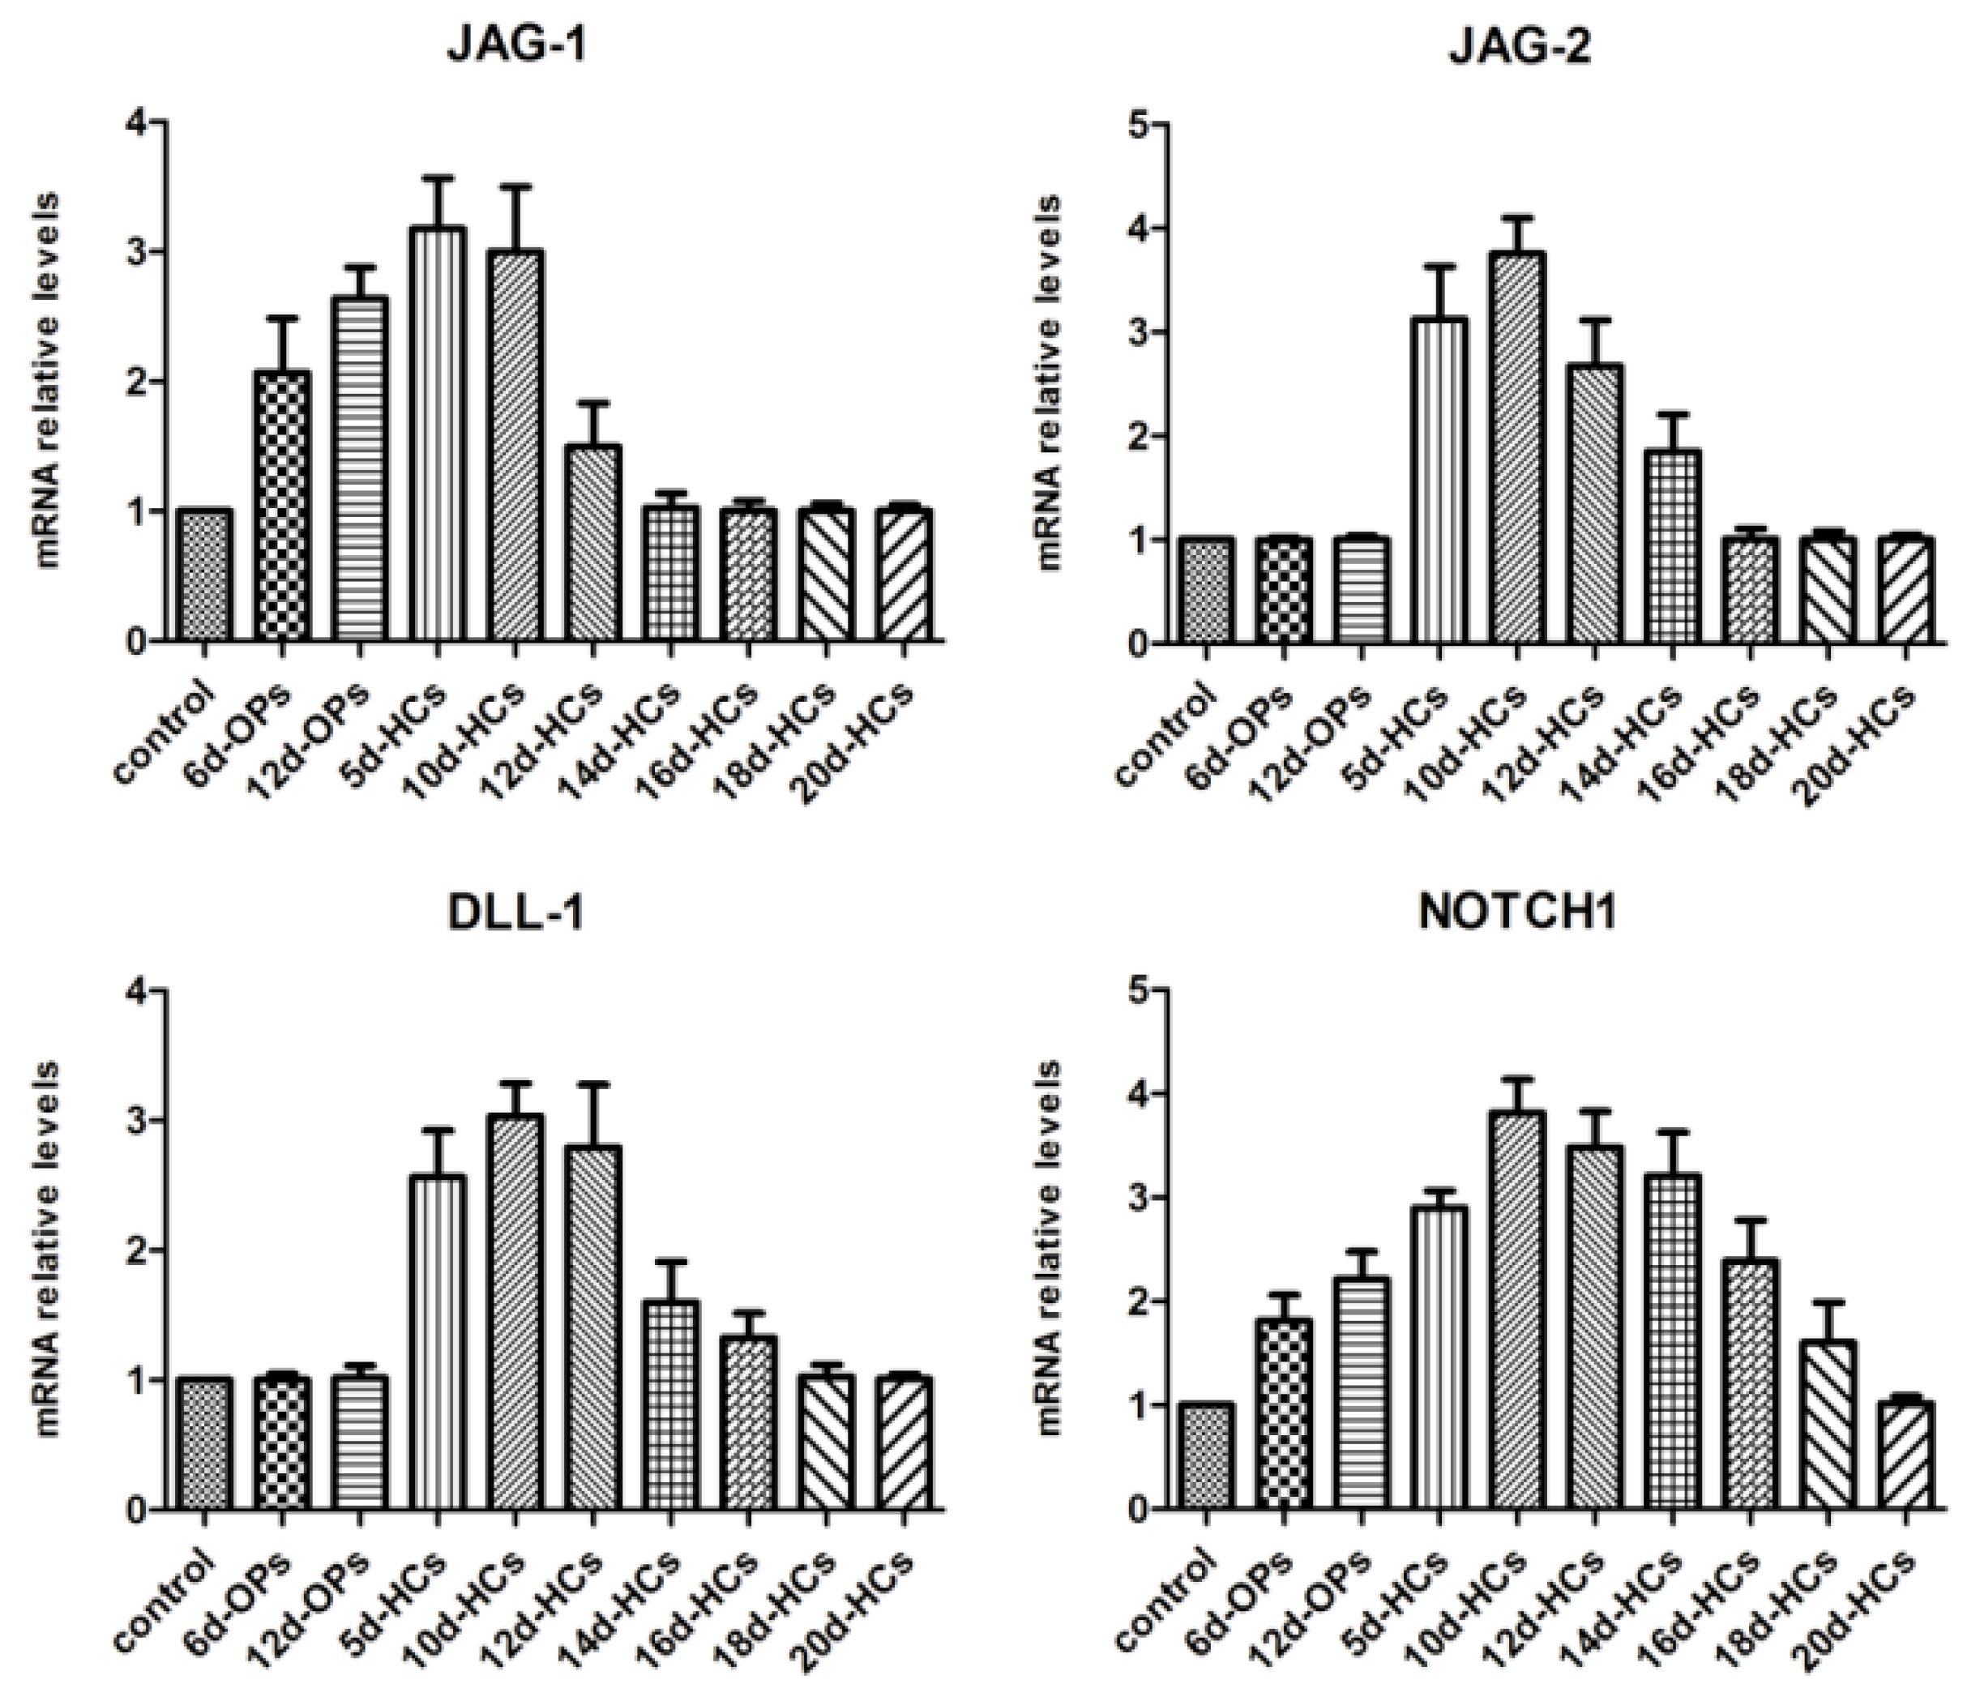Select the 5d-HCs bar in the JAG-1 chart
[x=437, y=435]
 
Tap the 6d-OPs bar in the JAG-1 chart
[x=282, y=506]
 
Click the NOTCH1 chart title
[x=1517, y=912]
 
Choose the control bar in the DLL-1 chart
[x=204, y=1445]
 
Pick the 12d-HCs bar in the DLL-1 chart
[x=592, y=1328]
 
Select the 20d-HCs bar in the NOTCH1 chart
[x=1905, y=1456]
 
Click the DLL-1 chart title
[x=516, y=915]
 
